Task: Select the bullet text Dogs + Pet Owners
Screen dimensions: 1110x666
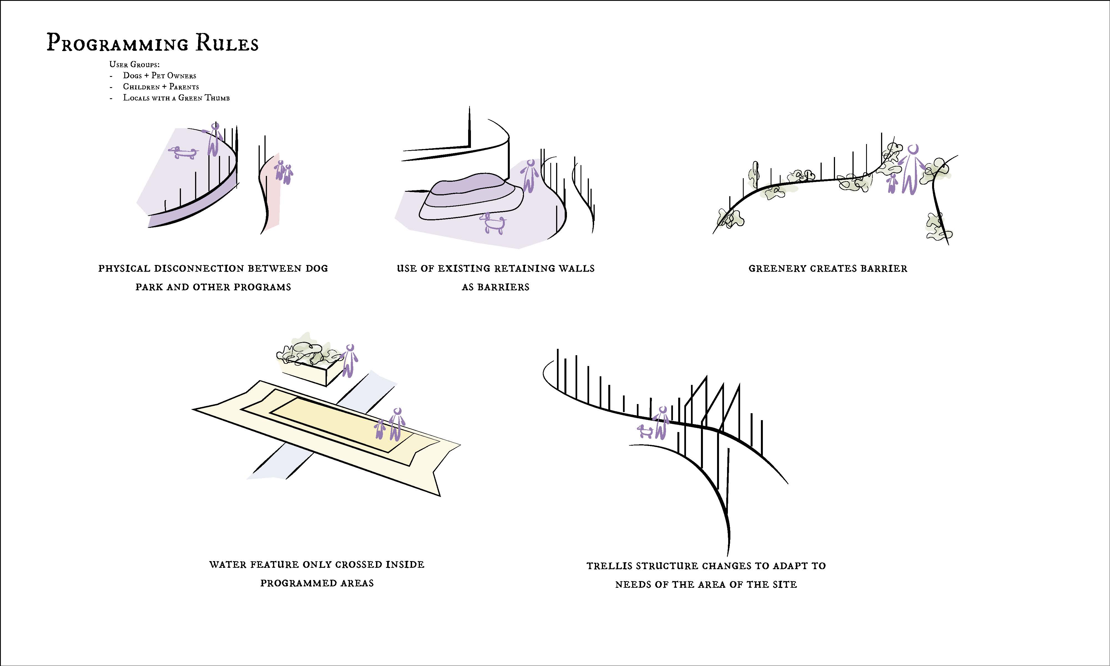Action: (160, 75)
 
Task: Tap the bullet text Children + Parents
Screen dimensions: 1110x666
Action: (161, 87)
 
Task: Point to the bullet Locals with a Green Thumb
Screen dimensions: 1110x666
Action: (176, 98)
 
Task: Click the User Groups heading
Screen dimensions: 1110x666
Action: (134, 64)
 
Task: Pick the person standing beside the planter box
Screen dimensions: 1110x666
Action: (349, 360)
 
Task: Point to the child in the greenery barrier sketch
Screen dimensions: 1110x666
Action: (892, 183)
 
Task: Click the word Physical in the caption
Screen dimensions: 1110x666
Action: (124, 268)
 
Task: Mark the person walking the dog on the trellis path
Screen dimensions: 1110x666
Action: (661, 422)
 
